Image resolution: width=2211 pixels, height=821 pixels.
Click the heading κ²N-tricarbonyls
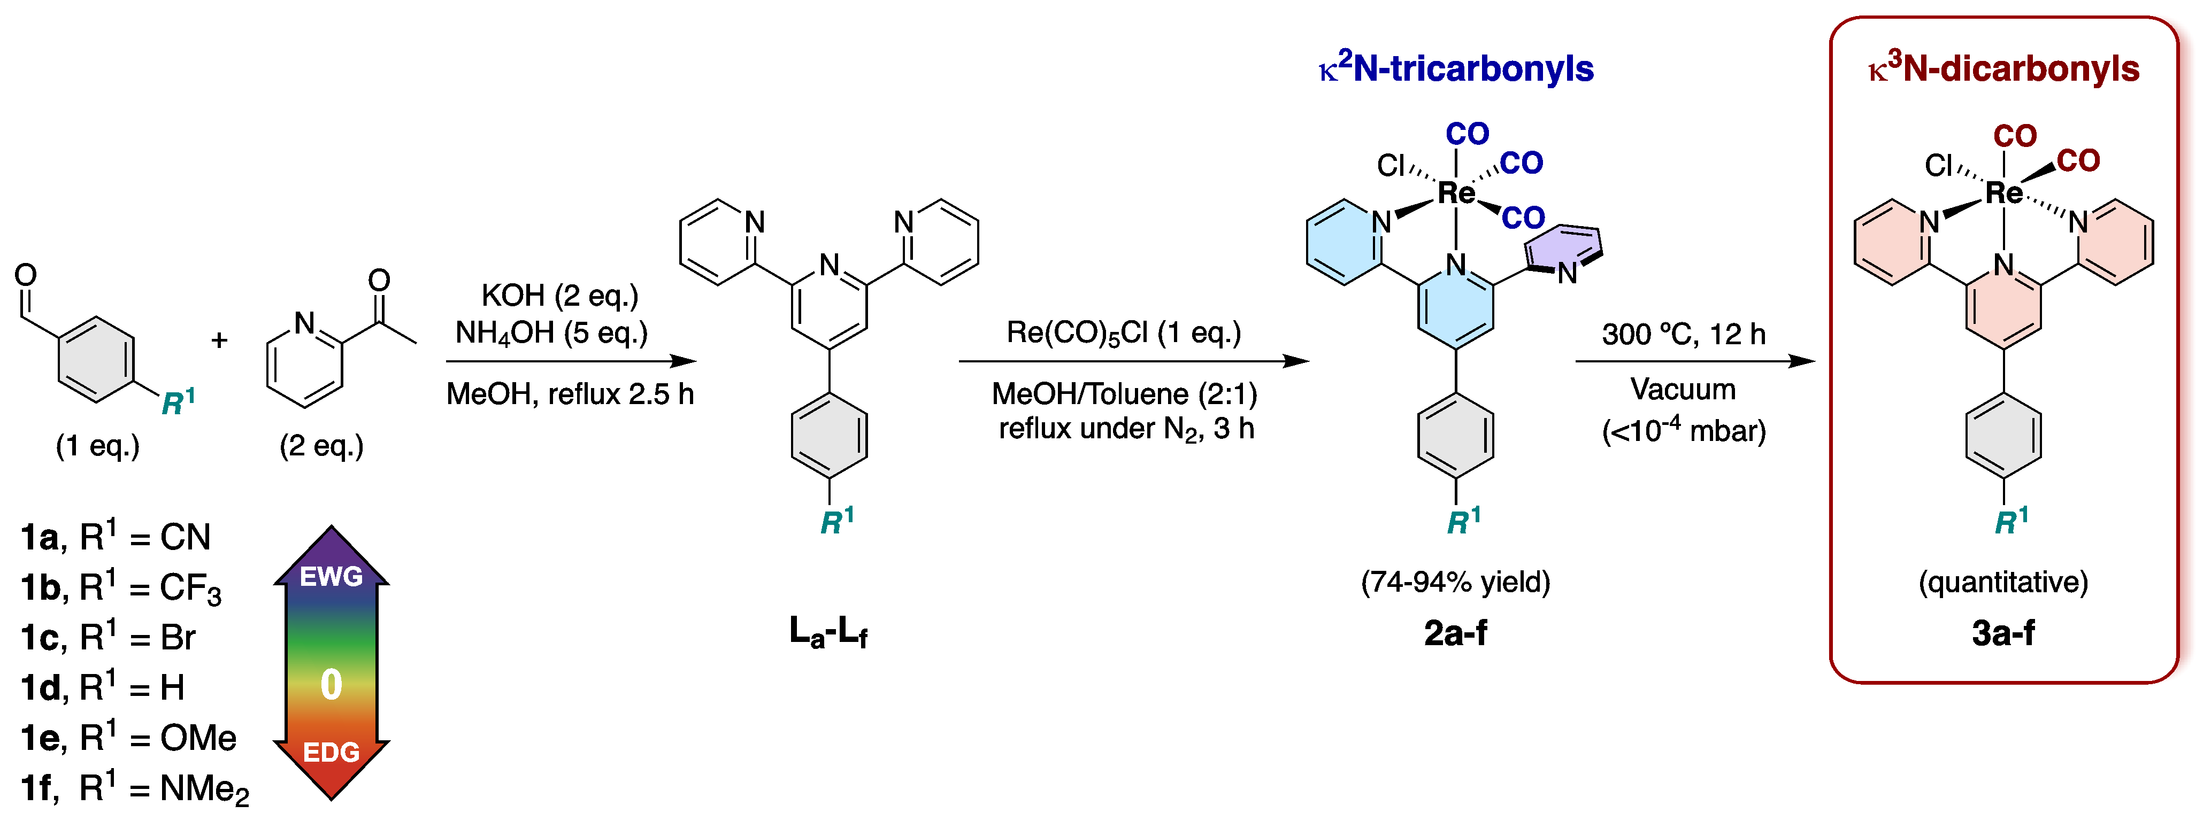1456,68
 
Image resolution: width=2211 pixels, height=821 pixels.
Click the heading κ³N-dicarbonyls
2003,68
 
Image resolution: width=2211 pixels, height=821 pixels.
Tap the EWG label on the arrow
331,577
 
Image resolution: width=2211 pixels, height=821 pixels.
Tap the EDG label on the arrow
331,753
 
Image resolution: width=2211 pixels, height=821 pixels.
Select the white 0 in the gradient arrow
331,685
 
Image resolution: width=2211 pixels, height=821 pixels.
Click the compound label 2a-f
1456,633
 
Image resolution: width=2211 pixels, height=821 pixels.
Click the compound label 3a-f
2003,633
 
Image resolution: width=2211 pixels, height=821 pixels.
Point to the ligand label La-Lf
828,633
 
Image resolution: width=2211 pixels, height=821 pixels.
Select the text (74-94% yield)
1456,583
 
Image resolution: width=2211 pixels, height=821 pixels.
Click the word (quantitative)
2003,583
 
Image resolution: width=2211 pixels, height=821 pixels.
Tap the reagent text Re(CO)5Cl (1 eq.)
1124,333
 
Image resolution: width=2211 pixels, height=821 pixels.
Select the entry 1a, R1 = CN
116,538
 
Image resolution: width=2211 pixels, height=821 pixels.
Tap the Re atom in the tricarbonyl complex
1456,193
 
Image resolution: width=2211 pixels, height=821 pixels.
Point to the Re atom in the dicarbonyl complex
2003,193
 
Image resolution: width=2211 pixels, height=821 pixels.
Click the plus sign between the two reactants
220,340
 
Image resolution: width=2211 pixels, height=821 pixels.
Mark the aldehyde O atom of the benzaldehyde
26,275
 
